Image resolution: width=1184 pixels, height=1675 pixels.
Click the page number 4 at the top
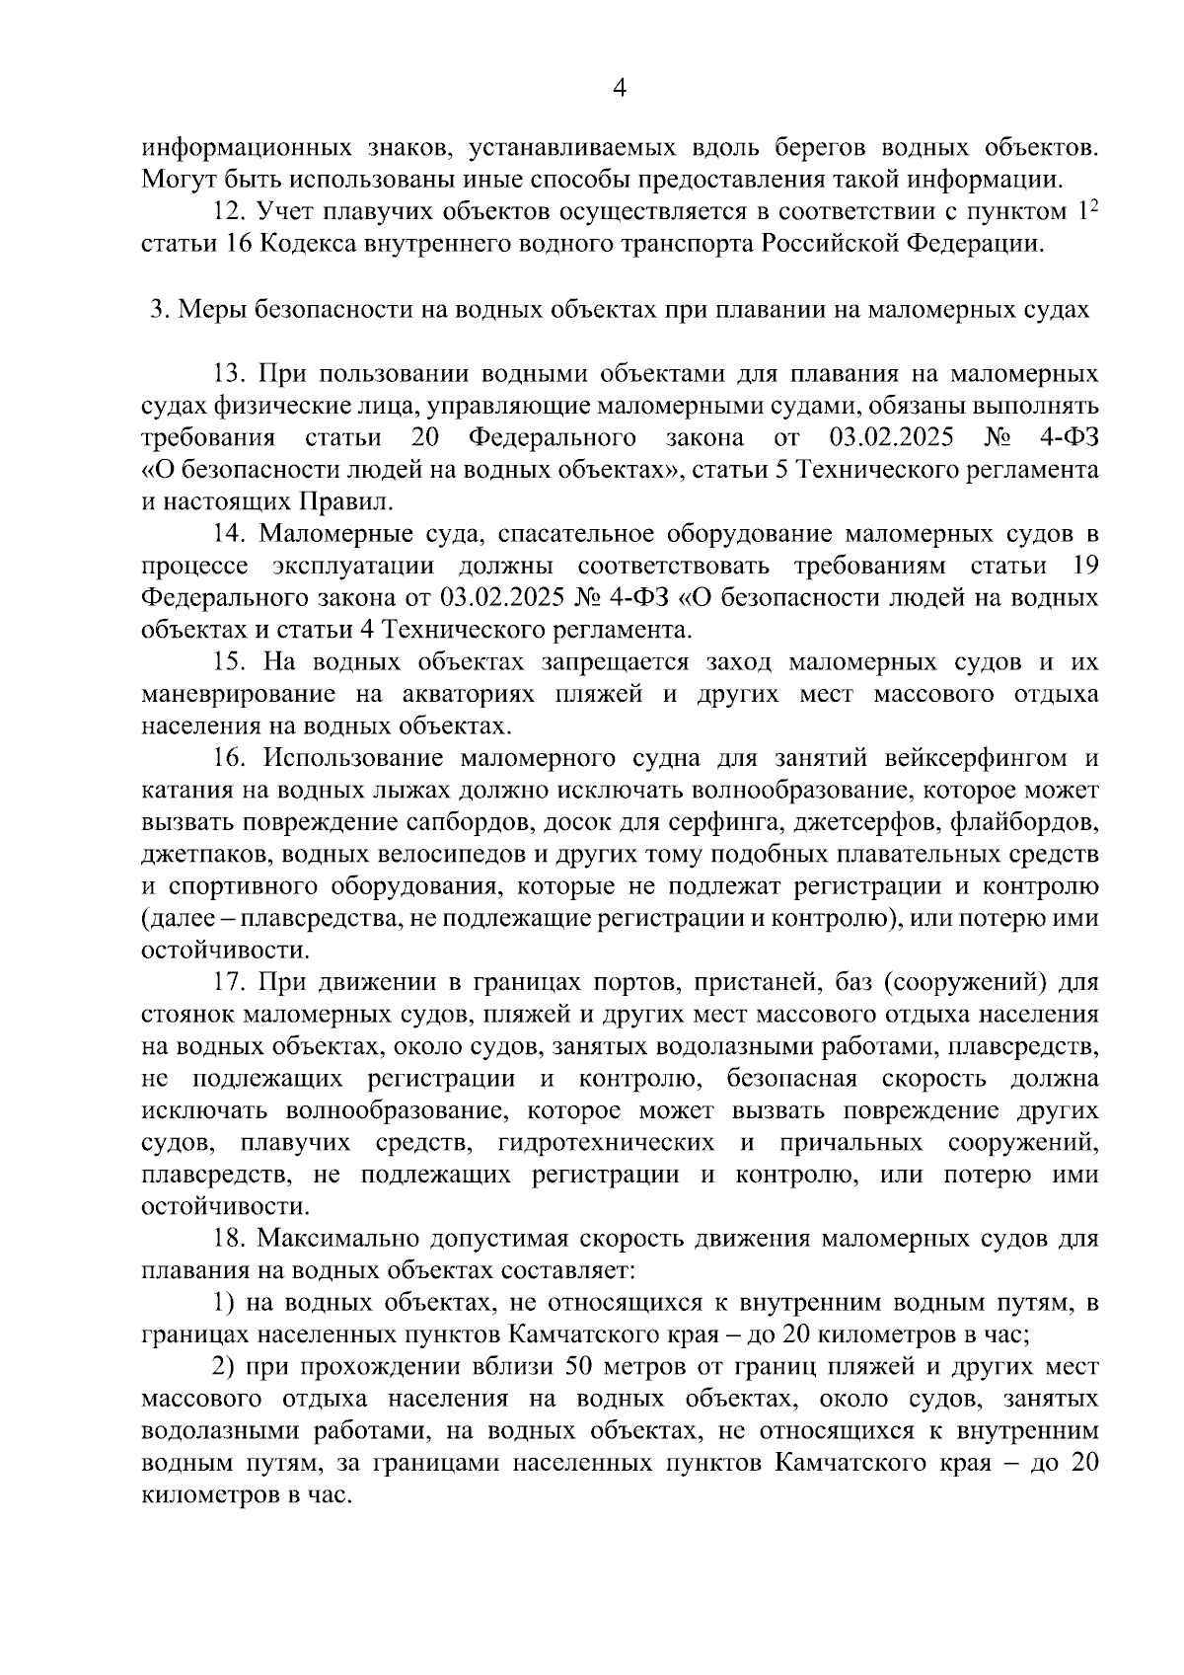(x=620, y=89)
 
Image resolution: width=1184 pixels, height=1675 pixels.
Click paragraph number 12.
(x=229, y=211)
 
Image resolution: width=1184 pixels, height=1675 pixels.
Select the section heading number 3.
(x=156, y=309)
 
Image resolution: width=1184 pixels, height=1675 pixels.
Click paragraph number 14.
(x=229, y=534)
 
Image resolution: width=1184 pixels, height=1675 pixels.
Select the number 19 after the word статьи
(x=1083, y=566)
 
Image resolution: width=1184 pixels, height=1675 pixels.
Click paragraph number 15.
(x=229, y=661)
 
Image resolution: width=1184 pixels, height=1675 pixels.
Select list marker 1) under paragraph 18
(x=223, y=1303)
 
